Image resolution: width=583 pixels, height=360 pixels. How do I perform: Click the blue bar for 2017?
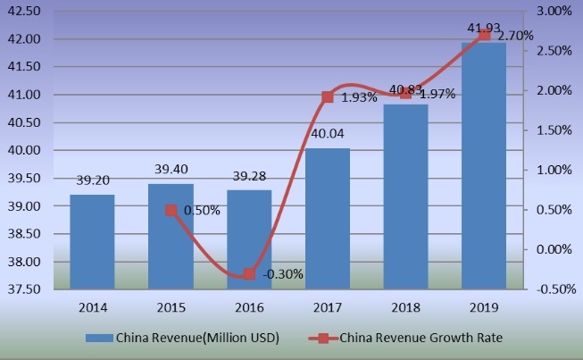point(327,219)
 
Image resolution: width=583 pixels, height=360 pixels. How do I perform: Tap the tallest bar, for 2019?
point(483,166)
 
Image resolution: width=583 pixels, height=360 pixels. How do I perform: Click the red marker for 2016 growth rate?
point(249,274)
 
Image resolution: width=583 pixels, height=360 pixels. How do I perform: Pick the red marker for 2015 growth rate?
point(172,211)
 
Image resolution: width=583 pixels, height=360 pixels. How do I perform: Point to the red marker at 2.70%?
point(484,35)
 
